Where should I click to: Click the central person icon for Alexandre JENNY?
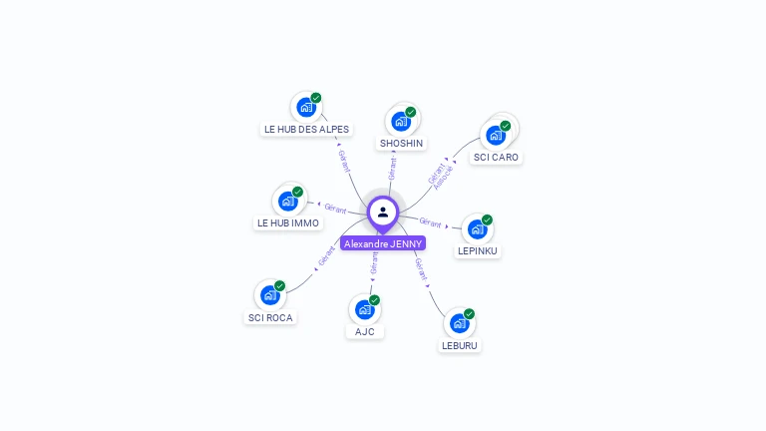tap(383, 212)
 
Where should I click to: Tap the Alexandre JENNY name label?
tap(383, 243)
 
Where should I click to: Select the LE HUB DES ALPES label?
tap(306, 129)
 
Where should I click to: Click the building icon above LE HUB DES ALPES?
tap(305, 107)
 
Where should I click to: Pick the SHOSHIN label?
tap(401, 143)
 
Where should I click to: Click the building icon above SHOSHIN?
tap(401, 121)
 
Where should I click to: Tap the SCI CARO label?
tap(496, 157)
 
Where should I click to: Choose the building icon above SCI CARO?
tap(495, 135)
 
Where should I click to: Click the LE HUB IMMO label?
tap(288, 222)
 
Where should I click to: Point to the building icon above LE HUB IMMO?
tap(287, 201)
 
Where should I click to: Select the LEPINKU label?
tap(478, 250)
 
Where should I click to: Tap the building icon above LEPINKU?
tap(477, 228)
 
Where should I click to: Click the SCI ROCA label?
tap(270, 317)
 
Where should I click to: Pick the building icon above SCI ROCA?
tap(269, 295)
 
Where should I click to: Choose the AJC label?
tap(365, 331)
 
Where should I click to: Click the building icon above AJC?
tap(364, 309)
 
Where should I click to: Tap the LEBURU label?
tap(459, 345)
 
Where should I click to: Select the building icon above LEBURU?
tap(459, 323)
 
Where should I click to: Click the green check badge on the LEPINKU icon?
tap(487, 219)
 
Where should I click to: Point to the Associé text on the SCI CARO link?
tap(444, 178)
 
